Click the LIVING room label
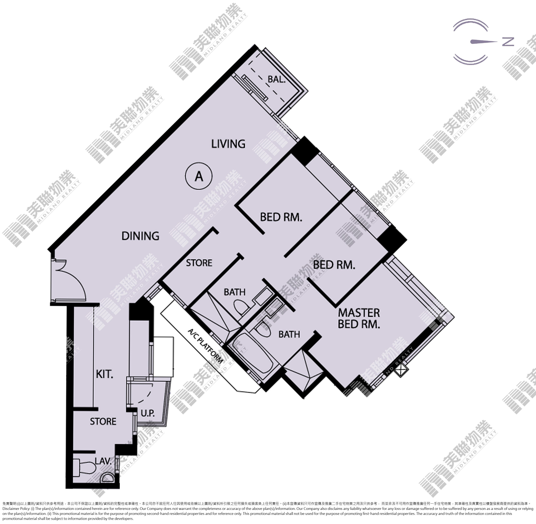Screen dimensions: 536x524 coord(228,144)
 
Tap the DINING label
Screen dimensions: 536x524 coord(140,236)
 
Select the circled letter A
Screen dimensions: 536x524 coord(199,176)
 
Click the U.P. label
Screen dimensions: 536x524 coord(148,413)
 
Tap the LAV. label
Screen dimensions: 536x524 coord(103,461)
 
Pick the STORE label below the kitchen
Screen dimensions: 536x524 coord(103,421)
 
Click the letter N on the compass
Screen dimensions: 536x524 coord(508,42)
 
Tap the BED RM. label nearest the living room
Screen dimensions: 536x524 coord(281,217)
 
